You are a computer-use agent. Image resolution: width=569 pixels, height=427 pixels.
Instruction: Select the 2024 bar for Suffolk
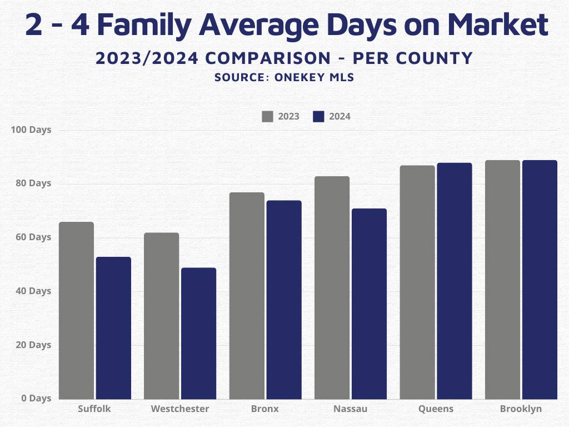tap(113, 328)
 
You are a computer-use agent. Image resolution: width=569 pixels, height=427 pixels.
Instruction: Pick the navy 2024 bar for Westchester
tap(198, 334)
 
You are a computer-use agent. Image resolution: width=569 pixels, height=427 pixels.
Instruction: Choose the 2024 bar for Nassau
tap(369, 304)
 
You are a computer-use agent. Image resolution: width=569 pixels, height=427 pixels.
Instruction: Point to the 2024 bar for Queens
tap(454, 281)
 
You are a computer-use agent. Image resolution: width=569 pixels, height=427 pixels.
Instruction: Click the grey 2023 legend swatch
tap(268, 117)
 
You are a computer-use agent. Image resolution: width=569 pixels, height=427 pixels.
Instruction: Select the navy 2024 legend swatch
tap(318, 117)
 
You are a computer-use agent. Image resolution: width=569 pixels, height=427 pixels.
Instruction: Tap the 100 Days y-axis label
tap(31, 130)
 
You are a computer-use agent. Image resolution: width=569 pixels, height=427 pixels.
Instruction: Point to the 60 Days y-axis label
tap(33, 237)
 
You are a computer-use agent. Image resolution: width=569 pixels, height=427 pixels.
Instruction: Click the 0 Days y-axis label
tap(36, 399)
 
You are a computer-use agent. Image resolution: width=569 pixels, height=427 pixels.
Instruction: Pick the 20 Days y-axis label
tap(33, 345)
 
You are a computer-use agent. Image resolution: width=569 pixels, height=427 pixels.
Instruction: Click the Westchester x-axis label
tap(180, 409)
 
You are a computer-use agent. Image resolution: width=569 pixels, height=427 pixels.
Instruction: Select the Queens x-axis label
tap(436, 409)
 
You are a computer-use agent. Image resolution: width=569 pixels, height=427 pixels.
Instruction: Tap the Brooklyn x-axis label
tap(521, 409)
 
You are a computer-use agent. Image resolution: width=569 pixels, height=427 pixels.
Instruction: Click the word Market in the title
tap(497, 25)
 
